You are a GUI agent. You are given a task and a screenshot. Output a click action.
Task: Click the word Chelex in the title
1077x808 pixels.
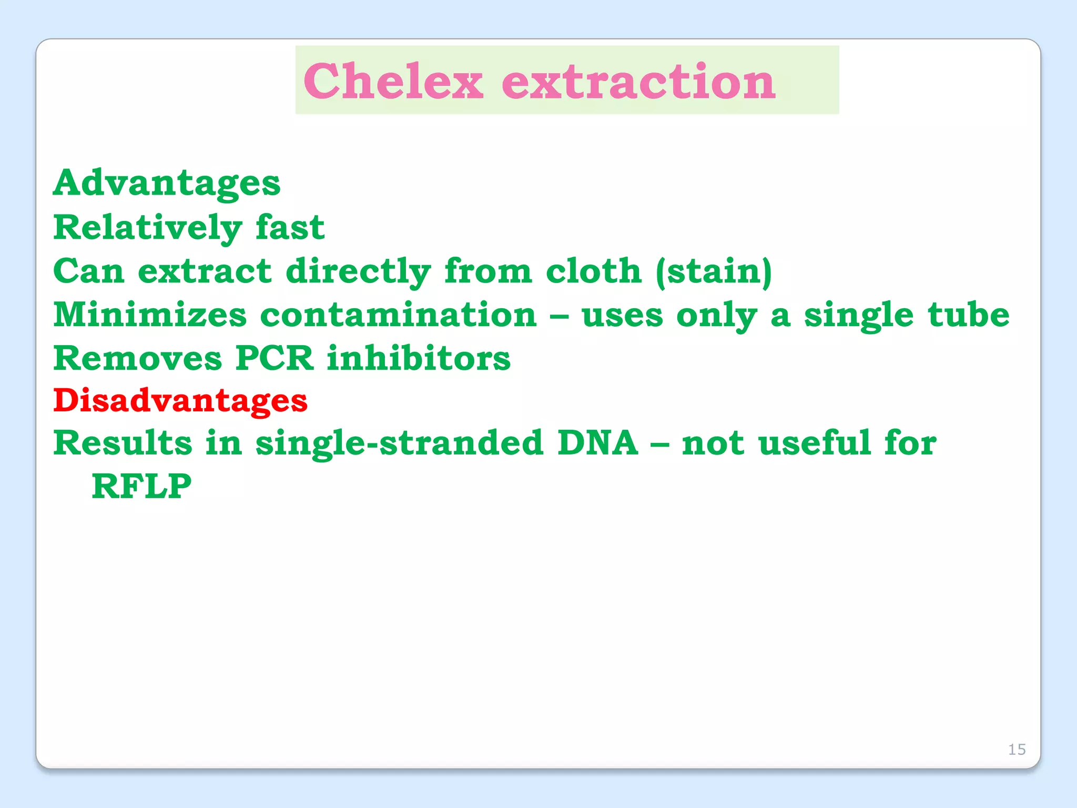(x=393, y=81)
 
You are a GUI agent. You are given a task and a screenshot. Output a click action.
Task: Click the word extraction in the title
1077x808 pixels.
(x=638, y=81)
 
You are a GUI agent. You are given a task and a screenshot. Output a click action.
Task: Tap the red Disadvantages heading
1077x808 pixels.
(x=180, y=401)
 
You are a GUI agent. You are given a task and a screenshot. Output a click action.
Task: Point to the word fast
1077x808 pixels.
(x=290, y=228)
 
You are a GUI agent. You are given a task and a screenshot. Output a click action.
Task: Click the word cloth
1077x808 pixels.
(x=593, y=271)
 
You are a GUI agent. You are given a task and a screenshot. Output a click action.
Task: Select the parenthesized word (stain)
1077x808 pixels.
(x=714, y=271)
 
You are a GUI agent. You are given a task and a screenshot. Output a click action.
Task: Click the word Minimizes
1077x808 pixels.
(x=150, y=316)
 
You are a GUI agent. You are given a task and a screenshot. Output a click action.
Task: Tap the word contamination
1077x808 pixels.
(x=398, y=316)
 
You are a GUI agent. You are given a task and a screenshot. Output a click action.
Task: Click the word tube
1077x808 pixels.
(x=968, y=316)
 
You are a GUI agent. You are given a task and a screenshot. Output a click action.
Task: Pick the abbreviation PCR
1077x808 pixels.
(x=274, y=359)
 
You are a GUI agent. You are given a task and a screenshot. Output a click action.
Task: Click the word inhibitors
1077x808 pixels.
(x=419, y=359)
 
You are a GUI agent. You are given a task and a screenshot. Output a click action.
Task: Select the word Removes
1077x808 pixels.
(x=138, y=359)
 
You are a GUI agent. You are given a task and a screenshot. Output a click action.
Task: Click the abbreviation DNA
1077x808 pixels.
(x=597, y=443)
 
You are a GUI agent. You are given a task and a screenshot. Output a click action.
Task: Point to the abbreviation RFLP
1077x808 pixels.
(x=141, y=487)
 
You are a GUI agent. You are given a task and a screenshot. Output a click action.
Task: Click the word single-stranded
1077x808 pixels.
(x=399, y=443)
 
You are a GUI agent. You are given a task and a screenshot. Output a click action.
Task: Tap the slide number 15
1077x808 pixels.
(x=1017, y=749)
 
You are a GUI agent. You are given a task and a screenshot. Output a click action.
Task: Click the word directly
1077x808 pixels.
(x=358, y=271)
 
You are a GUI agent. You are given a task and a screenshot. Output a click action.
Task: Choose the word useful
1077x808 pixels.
(x=815, y=443)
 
